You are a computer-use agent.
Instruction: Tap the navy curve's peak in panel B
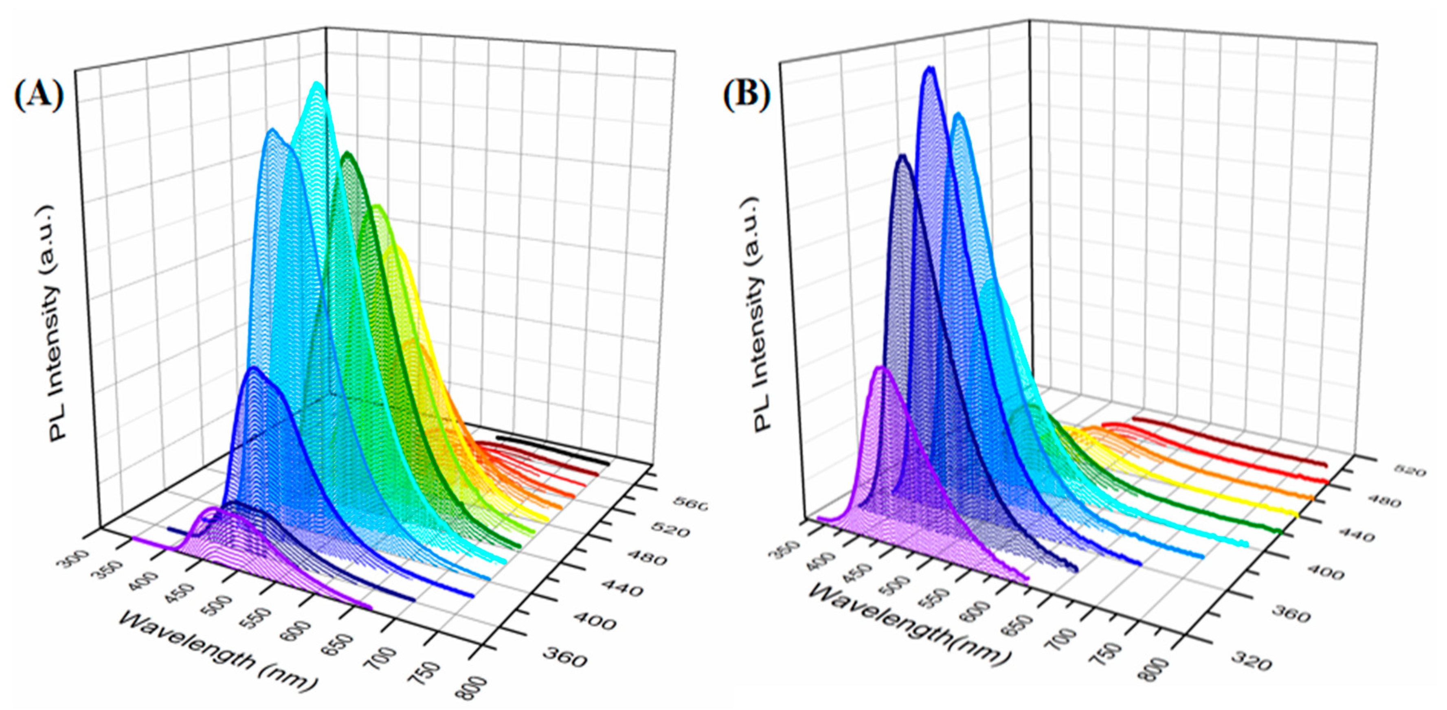[902, 157]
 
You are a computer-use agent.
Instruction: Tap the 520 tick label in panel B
[1408, 471]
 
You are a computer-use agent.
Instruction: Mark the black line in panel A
[553, 449]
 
